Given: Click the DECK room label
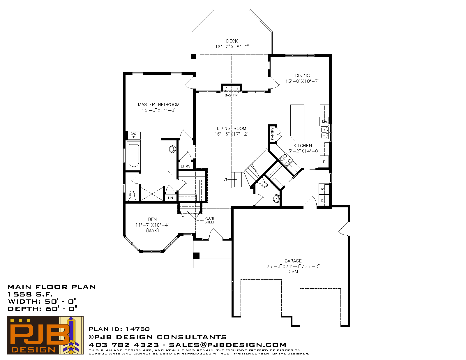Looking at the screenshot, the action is (232, 41).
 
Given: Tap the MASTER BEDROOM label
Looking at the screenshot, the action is (158, 105).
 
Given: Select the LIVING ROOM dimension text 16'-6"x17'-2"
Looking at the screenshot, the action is (231, 134).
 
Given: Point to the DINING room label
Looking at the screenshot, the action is (302, 76).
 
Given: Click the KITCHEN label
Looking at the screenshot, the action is (303, 146).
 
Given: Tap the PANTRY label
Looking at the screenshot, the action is (272, 134).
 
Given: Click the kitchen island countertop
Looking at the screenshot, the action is (297, 123).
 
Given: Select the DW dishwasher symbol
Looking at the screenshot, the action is (324, 121).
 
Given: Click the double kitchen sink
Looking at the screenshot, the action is (324, 133).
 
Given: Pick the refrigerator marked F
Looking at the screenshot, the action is (324, 162).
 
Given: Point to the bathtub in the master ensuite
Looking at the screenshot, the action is (134, 155).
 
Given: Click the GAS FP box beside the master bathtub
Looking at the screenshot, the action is (133, 135).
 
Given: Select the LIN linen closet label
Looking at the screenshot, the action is (170, 198).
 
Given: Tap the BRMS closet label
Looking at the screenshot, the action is (186, 166).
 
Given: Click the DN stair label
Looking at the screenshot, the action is (226, 179).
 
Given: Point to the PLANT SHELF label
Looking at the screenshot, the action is (209, 220).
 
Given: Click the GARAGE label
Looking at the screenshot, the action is (293, 261).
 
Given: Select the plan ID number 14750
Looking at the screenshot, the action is (138, 329).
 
